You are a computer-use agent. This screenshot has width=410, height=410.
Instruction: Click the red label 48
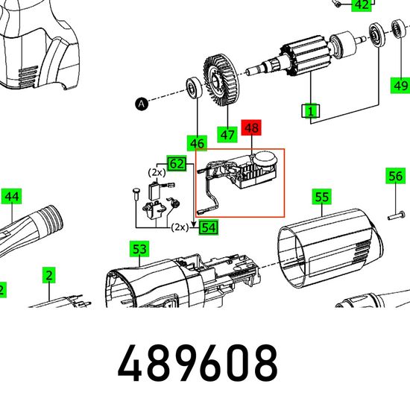click(251, 128)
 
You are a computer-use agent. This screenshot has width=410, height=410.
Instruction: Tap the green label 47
click(227, 135)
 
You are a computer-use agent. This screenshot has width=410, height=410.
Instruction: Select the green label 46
click(197, 143)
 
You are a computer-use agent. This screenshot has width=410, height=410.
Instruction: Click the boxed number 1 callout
click(310, 111)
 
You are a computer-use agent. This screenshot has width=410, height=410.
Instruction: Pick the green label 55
click(321, 197)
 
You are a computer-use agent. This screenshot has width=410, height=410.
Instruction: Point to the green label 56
click(395, 176)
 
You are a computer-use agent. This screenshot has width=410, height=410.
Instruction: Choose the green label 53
click(139, 249)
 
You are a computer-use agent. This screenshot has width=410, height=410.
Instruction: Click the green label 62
click(177, 164)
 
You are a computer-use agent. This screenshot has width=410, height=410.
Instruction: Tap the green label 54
click(209, 227)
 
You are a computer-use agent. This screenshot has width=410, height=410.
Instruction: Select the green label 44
click(12, 196)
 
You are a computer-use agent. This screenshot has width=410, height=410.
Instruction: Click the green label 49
click(400, 85)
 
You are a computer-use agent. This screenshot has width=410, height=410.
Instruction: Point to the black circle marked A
click(142, 104)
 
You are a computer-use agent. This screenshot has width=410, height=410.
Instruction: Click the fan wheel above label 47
click(221, 80)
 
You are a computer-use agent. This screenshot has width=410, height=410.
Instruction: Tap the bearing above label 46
click(195, 87)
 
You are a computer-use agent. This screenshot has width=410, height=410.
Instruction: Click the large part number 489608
click(198, 363)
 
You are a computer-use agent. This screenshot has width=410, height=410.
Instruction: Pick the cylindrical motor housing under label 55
click(330, 248)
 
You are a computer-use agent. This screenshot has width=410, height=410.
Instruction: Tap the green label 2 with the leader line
click(49, 275)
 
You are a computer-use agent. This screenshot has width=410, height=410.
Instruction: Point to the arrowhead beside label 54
click(194, 224)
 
